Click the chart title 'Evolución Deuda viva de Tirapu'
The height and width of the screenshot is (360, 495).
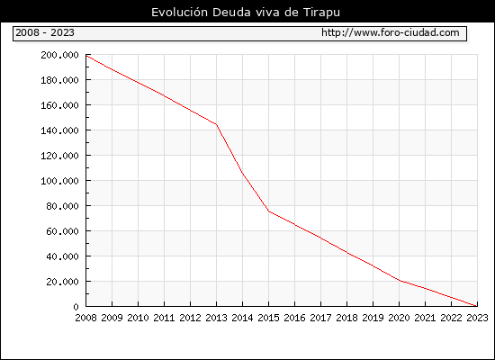click(246, 13)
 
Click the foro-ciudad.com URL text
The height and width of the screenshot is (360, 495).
click(391, 32)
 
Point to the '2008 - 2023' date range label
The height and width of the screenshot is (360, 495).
click(45, 32)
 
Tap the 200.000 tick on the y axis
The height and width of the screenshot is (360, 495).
click(59, 55)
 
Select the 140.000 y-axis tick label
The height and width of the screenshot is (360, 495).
click(59, 130)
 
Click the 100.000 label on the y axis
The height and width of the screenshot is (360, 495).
click(59, 181)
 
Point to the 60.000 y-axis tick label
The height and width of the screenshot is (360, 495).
click(62, 231)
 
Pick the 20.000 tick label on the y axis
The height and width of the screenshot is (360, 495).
click(62, 282)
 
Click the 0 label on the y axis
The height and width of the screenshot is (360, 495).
click(76, 307)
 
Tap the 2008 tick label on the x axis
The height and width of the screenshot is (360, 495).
click(85, 318)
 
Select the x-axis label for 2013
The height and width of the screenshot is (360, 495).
click(216, 318)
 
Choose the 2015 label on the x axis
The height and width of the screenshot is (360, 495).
click(269, 318)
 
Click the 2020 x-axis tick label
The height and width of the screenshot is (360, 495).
click(399, 318)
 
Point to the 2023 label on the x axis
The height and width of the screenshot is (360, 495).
click(477, 318)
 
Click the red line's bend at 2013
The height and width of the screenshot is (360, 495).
click(216, 124)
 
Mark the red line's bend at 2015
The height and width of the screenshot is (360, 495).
click(269, 211)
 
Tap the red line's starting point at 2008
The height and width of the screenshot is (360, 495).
click(86, 56)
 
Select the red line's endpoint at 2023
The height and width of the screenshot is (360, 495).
click(477, 306)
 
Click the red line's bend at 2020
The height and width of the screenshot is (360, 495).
click(399, 281)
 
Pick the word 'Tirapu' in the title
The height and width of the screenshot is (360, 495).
click(321, 13)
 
